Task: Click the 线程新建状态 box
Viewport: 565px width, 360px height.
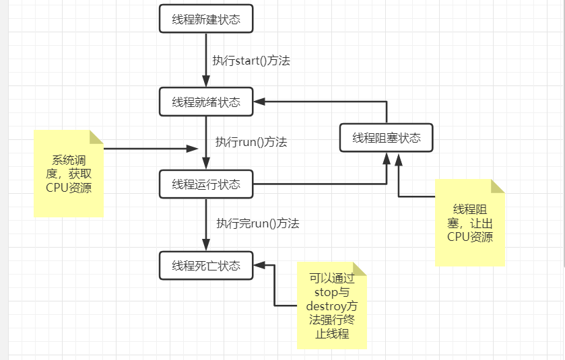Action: [205, 19]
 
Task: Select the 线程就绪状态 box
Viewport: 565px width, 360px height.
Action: [205, 102]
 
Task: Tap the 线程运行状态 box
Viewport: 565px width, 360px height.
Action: [205, 184]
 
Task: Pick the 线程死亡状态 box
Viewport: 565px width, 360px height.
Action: [205, 265]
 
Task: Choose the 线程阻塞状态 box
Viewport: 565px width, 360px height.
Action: [386, 138]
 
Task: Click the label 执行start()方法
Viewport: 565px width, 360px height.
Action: [251, 60]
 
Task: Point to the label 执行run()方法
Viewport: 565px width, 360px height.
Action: [251, 142]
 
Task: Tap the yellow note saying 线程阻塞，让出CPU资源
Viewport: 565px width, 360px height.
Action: [469, 222]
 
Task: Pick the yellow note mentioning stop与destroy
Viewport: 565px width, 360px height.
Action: [332, 305]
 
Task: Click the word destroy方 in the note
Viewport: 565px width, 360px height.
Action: [332, 305]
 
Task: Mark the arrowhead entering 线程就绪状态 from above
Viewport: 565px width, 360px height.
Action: [205, 82]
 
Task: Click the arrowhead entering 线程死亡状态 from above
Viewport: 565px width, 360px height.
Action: [205, 246]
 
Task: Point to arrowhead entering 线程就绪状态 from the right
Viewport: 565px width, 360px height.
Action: [259, 102]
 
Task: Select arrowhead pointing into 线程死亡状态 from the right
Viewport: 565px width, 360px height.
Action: [259, 265]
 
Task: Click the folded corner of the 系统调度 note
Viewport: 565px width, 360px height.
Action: [97, 137]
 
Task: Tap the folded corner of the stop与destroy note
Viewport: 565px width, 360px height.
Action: [360, 269]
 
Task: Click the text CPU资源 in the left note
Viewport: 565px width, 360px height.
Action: [69, 188]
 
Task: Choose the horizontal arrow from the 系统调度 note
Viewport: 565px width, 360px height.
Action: [148, 148]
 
